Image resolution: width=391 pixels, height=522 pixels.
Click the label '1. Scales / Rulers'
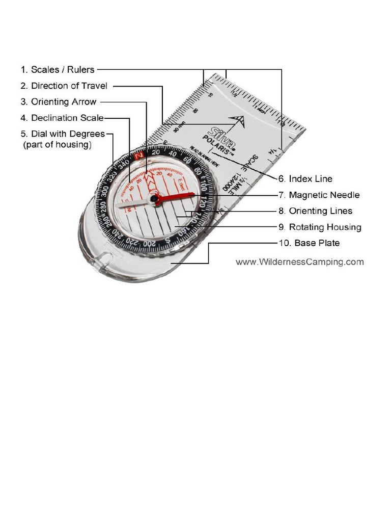coord(58,69)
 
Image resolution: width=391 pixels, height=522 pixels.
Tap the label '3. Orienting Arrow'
coord(58,102)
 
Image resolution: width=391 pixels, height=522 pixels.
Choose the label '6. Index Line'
coord(305,179)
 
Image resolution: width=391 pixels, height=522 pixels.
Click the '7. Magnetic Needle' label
coord(319,195)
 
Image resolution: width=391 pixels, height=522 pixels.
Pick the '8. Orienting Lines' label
coord(315,211)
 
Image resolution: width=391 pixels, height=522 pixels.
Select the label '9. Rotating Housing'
coord(320,227)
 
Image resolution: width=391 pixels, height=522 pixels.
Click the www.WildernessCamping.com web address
coord(299,262)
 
